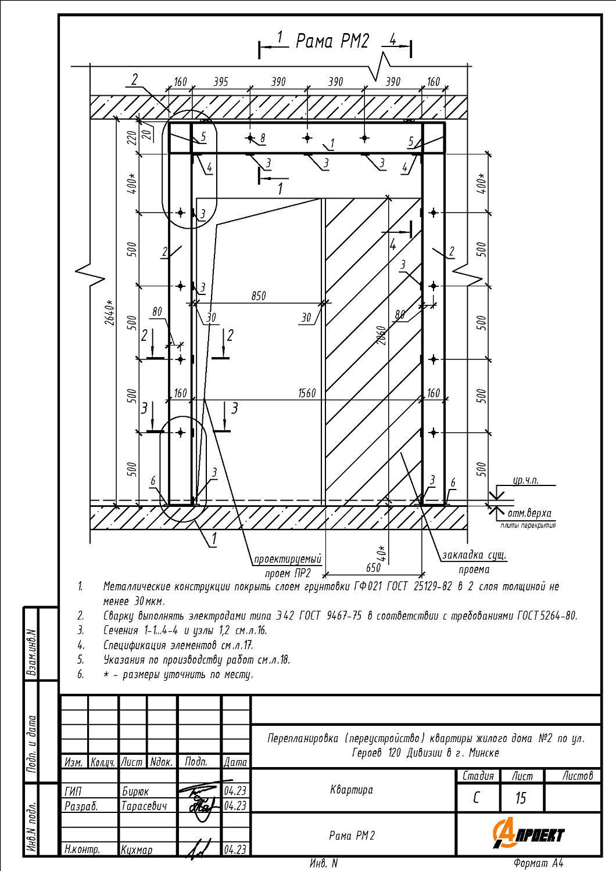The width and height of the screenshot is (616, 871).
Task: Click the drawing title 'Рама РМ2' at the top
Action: click(332, 41)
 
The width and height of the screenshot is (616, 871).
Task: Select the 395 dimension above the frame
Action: click(221, 82)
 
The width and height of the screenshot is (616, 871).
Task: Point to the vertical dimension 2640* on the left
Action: click(110, 312)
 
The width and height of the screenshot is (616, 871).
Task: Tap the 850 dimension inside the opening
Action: click(259, 296)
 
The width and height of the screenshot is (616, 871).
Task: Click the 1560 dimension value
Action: click(307, 393)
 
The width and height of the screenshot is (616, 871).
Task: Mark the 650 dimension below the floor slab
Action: click(373, 567)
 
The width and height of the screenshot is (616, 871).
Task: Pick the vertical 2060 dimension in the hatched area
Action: click(381, 335)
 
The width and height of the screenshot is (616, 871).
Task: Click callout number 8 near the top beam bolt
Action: click(263, 138)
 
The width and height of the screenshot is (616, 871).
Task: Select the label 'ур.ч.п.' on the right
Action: click(525, 480)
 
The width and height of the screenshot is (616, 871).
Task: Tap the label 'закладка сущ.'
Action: click(474, 555)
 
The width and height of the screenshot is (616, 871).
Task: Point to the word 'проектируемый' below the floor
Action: click(287, 559)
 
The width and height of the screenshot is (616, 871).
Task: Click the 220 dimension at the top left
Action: click(132, 137)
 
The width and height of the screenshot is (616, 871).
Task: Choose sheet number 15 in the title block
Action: click(521, 798)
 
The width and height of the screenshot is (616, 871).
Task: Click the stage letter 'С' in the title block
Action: click(477, 798)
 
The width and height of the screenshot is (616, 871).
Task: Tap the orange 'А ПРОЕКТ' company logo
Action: click(528, 834)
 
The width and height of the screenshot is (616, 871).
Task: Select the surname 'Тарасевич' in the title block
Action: click(144, 806)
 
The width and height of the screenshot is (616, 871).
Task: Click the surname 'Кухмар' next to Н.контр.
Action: click(137, 850)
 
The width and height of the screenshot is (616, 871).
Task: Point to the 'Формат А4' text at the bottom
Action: click(538, 863)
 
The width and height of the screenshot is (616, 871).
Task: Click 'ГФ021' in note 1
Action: click(368, 586)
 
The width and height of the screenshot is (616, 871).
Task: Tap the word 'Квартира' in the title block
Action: click(352, 790)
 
